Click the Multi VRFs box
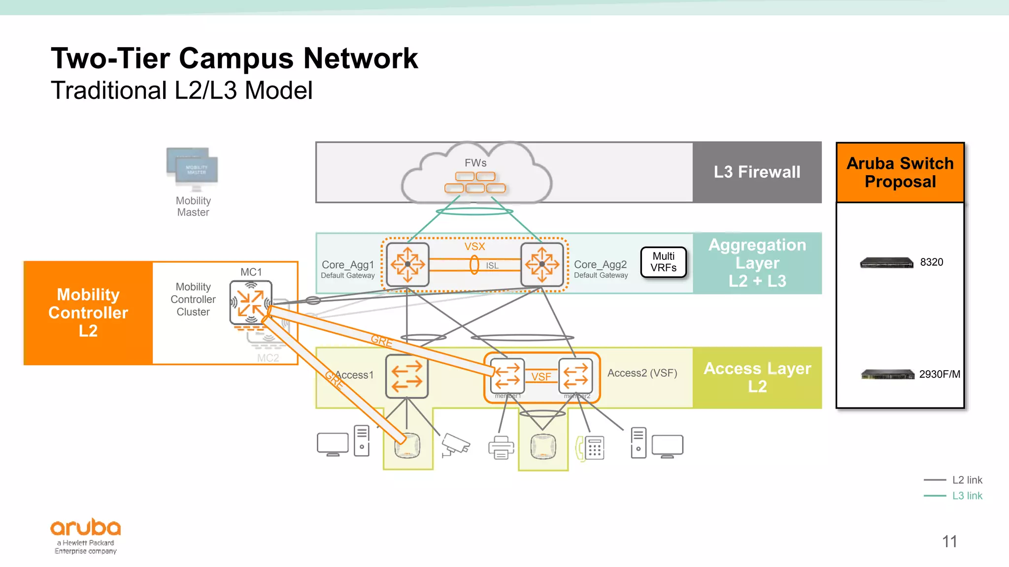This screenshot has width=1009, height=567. click(x=663, y=262)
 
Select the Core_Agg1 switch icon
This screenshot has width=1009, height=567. click(x=407, y=264)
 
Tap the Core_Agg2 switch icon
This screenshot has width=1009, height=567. click(x=542, y=264)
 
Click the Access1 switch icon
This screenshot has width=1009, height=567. click(x=407, y=376)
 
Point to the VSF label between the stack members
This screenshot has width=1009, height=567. click(x=541, y=377)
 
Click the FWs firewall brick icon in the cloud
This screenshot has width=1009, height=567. click(x=475, y=183)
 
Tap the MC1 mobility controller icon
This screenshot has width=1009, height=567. click(x=251, y=302)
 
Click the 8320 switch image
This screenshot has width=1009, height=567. click(x=886, y=262)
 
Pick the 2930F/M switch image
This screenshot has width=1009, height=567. click(x=887, y=375)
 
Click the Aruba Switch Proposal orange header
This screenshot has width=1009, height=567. click(x=900, y=172)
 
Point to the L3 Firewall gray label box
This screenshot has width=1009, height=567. click(x=757, y=172)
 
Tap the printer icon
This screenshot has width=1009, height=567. click(x=501, y=447)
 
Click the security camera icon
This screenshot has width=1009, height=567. click(x=455, y=444)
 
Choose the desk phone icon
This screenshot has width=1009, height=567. click(x=590, y=448)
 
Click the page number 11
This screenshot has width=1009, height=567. click(x=949, y=541)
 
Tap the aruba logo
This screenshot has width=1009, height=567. click(x=86, y=528)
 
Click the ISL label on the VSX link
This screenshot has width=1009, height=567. click(x=492, y=266)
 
